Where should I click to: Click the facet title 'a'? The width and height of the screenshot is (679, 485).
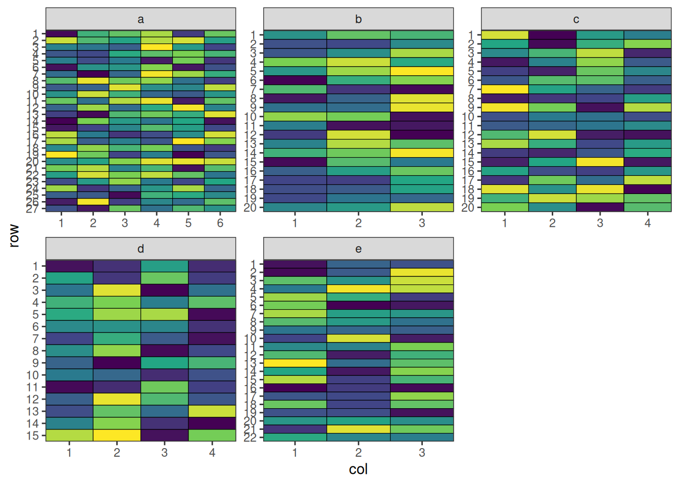pos(140,19)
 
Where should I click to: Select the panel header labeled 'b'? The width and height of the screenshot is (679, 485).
pos(358,19)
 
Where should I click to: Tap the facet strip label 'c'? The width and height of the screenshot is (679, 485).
pos(576,19)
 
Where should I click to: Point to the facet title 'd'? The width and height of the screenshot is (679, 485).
pos(140,249)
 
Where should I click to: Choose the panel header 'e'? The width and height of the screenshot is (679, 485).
pos(358,249)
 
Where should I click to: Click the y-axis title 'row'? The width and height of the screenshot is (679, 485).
pos(14,236)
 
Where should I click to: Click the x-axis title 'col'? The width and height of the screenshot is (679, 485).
pos(358,469)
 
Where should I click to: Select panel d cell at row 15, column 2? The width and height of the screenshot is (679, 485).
pos(117,435)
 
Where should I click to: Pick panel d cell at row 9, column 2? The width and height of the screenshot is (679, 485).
pos(117,363)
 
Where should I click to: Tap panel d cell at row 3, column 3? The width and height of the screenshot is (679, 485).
pos(165,290)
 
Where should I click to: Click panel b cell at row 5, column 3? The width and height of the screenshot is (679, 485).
pos(422,71)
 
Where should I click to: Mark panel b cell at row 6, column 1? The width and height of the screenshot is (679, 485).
pos(295,80)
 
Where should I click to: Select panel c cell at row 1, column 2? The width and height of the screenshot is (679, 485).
pos(552,35)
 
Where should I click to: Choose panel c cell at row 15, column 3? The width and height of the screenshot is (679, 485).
pos(600,162)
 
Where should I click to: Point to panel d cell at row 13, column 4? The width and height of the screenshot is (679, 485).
pos(212,411)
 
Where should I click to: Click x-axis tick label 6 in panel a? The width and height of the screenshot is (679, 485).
pos(220,223)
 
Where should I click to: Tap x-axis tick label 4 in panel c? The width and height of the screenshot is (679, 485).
pos(648,223)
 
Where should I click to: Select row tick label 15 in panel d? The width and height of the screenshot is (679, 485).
pos(33,435)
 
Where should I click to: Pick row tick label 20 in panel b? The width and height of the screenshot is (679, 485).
pos(251,208)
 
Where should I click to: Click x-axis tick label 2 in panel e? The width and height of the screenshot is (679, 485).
pos(358,453)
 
